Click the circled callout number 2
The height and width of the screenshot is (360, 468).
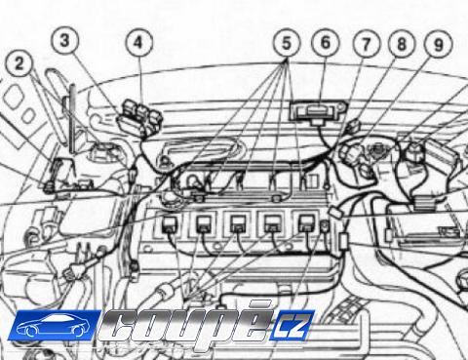coord(19,63)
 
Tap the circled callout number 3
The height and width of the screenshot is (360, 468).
coord(65,41)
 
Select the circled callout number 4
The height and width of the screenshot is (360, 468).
coord(139,43)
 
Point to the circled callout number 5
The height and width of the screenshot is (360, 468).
coord(287,44)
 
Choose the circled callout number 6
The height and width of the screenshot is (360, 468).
coord(326,43)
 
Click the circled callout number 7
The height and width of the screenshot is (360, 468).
coord(367,44)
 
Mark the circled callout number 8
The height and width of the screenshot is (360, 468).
coord(402,44)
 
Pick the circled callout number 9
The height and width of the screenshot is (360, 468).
coord(439,45)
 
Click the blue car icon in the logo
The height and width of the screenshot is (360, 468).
coord(54,325)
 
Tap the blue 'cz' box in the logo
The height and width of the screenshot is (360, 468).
coord(291,325)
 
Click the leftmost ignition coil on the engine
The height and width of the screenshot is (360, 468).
coord(170,224)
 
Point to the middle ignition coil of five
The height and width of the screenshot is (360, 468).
coord(238,224)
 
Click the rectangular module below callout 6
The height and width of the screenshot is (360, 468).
coord(318,112)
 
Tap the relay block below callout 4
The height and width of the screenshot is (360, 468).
coord(139,118)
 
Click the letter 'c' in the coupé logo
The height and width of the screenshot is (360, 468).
coord(120,326)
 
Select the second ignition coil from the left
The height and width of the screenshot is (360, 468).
coord(205,224)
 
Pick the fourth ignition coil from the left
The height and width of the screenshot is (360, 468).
coord(272,224)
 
